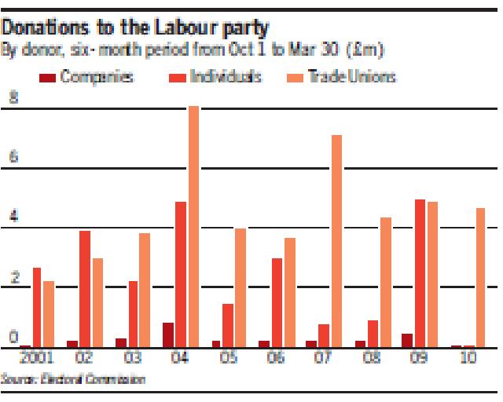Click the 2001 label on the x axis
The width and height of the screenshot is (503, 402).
[x=39, y=359]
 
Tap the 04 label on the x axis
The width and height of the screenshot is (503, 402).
[x=180, y=359]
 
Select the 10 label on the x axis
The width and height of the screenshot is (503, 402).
[x=465, y=359]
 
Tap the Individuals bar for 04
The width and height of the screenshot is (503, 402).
[x=181, y=274]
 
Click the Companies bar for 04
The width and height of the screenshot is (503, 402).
[x=168, y=334]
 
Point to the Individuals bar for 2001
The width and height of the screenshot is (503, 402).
[x=38, y=307]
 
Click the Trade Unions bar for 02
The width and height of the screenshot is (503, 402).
[x=97, y=302]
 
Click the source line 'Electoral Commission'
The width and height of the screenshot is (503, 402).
[x=74, y=380]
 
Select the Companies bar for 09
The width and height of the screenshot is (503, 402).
[x=407, y=340]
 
